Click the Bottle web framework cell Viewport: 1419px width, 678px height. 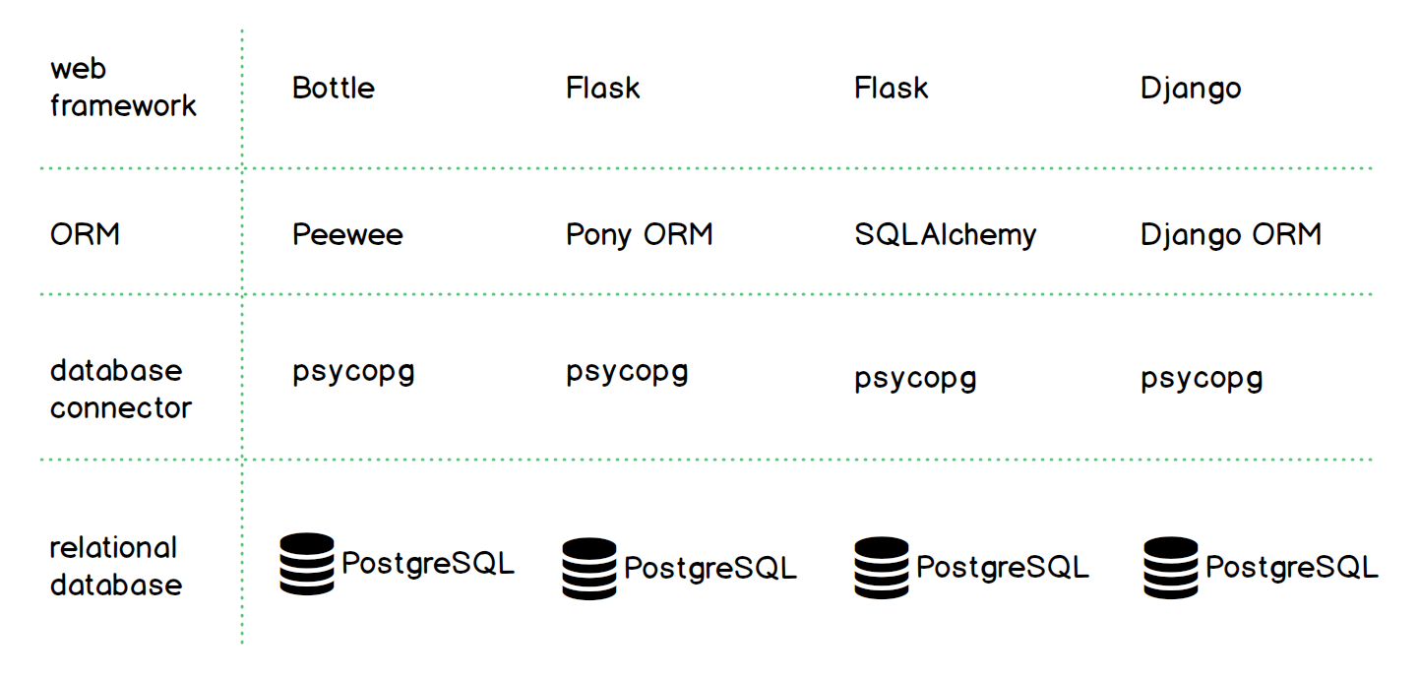(334, 89)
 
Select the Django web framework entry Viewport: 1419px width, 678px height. (1191, 89)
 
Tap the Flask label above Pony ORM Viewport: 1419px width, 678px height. (602, 89)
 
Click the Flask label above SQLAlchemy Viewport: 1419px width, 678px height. (891, 89)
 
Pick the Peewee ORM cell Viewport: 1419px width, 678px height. (347, 235)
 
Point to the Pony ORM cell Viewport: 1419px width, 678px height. (639, 235)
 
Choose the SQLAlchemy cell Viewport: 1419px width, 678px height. (945, 235)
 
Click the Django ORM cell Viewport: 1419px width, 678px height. (1230, 235)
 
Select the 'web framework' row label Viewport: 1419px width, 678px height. (123, 88)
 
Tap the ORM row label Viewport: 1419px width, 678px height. (85, 235)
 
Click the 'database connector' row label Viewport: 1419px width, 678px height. (120, 389)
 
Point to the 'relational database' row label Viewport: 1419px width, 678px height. (115, 566)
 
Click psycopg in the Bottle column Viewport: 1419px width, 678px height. (353, 374)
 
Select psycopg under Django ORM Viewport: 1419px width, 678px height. (1202, 380)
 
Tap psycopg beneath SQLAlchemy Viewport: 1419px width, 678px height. (915, 380)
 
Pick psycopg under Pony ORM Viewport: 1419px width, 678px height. (627, 374)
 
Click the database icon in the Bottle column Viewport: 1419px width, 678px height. (307, 564)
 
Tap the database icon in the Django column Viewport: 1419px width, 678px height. (1171, 568)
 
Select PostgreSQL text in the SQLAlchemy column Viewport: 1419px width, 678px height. (1002, 568)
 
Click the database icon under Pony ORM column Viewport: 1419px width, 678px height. (589, 569)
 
